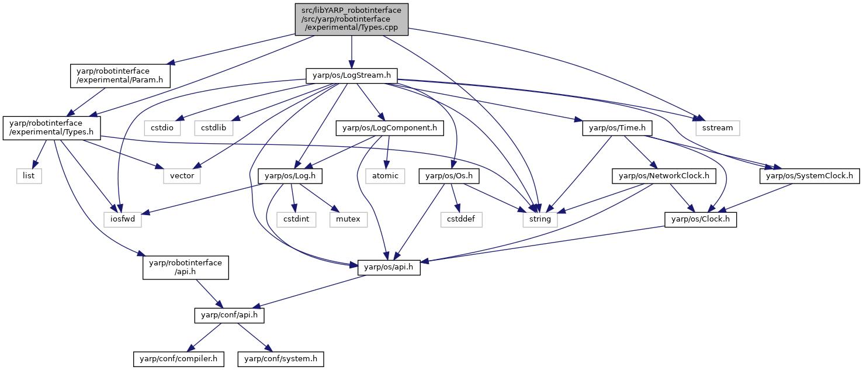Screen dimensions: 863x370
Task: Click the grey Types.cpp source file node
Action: point(351,19)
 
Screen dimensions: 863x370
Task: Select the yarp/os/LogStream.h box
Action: point(351,75)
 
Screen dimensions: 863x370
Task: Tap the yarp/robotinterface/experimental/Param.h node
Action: point(120,75)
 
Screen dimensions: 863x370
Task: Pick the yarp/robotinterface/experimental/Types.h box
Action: point(51,128)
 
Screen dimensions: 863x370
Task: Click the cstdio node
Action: point(162,128)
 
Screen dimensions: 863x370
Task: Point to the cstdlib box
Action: point(213,128)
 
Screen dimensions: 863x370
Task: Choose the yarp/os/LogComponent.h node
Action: point(390,128)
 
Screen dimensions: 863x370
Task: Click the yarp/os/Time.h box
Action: point(617,128)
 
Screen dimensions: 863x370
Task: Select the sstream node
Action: point(718,128)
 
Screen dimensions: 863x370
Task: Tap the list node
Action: point(29,176)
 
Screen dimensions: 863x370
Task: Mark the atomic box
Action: point(385,176)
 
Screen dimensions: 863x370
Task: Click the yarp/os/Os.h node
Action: point(449,176)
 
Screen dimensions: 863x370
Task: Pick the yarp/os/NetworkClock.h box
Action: point(664,176)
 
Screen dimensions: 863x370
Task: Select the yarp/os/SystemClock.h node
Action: point(809,176)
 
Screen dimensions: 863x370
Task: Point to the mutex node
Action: point(348,219)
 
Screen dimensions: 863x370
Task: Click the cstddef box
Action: point(461,219)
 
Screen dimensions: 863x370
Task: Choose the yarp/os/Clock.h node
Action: point(701,219)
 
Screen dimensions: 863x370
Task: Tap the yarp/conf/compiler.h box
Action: point(178,359)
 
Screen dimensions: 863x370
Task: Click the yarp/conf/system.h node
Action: point(280,359)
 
